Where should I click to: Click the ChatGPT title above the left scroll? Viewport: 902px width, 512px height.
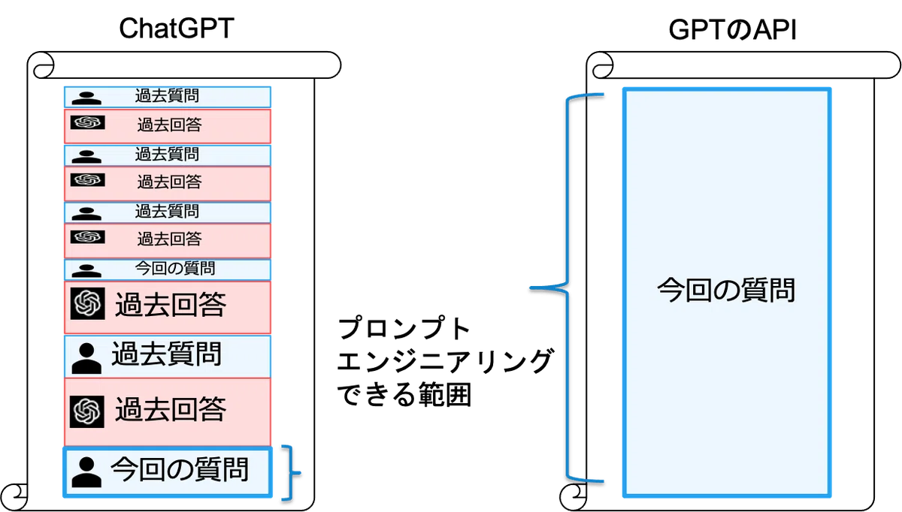(x=177, y=29)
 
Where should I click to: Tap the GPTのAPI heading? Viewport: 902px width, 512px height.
(x=732, y=30)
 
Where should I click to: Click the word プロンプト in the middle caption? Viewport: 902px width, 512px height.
(x=404, y=328)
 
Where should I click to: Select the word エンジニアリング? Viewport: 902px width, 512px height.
(x=445, y=361)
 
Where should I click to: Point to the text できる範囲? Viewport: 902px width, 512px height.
(x=404, y=395)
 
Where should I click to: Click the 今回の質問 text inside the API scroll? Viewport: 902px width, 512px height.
(x=726, y=290)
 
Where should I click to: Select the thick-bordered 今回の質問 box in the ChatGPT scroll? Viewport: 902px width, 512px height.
(x=168, y=471)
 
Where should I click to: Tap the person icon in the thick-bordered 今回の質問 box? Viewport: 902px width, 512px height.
(x=86, y=472)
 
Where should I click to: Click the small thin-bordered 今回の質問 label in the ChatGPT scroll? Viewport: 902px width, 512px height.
(x=174, y=268)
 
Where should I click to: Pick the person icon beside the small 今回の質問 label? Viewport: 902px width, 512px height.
(x=86, y=271)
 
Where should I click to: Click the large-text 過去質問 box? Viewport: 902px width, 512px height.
(x=168, y=357)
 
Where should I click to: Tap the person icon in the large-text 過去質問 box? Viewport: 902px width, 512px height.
(x=86, y=358)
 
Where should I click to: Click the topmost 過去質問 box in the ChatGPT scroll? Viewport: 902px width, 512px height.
(x=168, y=97)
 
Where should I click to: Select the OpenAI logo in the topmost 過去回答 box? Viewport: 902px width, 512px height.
(x=88, y=122)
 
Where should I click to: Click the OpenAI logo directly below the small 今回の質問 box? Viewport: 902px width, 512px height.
(x=88, y=303)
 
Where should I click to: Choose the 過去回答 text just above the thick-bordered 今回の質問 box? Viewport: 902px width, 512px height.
(x=171, y=409)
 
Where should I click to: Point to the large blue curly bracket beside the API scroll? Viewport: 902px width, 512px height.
(x=568, y=288)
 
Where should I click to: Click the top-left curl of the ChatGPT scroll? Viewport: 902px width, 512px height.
(x=43, y=65)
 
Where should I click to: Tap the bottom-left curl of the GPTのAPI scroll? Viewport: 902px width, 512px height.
(x=574, y=497)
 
